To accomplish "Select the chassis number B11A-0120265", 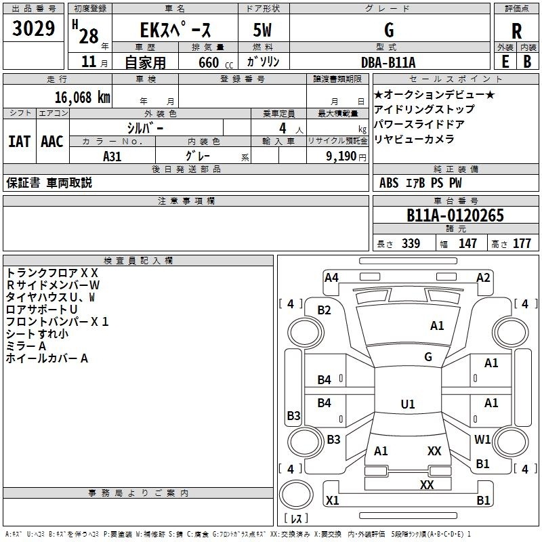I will pos(455,216).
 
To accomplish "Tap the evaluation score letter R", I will pos(516,31).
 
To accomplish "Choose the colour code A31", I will pos(113,155).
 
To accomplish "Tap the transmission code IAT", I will pos(20,142).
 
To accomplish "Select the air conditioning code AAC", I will pos(52,142).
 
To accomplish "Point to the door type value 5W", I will pos(264,30).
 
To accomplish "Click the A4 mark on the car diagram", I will pos(331,277).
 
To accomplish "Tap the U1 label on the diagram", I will pos(408,404).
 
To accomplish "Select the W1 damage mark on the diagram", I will pos(482,440).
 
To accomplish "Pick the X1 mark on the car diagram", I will pos(332,501).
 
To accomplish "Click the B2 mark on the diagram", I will pos(325,310).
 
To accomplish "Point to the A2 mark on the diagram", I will pos(483,277).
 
